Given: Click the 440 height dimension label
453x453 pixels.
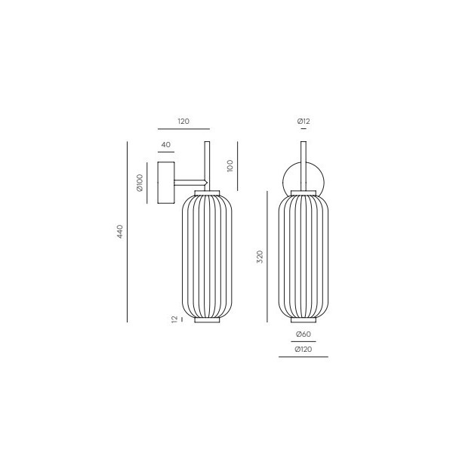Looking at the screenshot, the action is tap(120, 232).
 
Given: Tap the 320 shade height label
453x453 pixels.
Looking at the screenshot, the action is tap(260, 257).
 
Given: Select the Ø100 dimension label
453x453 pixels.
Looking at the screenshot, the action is tap(140, 183).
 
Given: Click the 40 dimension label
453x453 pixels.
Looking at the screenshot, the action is tap(166, 144).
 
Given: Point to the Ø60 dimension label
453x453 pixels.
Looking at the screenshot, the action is tap(304, 334).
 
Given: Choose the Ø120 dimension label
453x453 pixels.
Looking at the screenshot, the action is tap(304, 350).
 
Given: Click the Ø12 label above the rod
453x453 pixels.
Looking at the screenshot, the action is tap(304, 121).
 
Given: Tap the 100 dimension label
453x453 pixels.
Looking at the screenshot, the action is tap(230, 166).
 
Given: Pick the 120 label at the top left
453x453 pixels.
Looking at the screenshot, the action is tap(183, 121).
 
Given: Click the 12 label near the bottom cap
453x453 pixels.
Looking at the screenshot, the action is tap(174, 319).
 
